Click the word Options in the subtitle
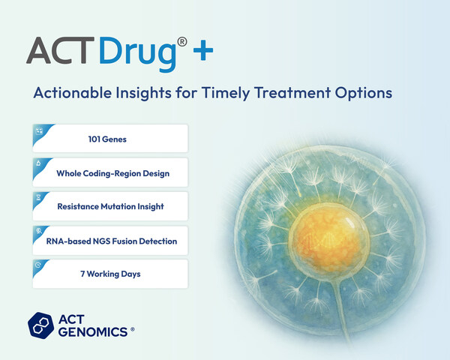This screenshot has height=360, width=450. [374, 94]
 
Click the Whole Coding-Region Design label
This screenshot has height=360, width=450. [112, 173]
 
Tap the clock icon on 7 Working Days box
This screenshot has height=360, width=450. [38, 265]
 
